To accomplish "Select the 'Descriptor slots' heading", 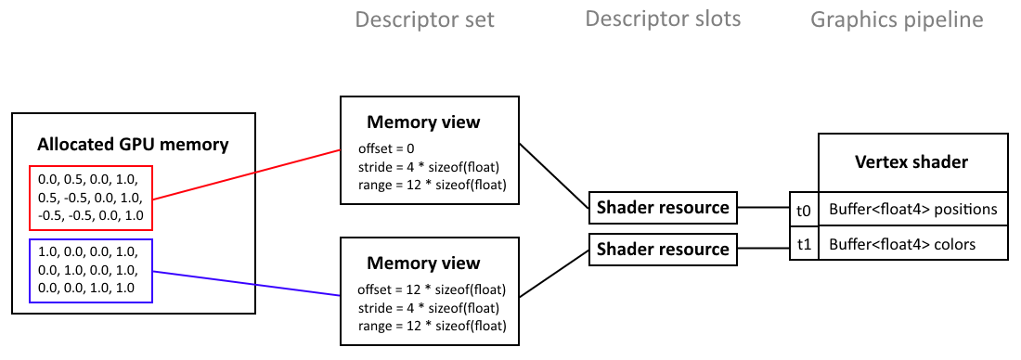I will [663, 19].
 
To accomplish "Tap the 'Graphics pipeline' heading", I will [897, 19].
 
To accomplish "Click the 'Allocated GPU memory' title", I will [133, 145].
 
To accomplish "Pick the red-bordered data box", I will [90, 198].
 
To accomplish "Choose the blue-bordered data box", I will [90, 271].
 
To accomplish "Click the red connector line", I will [246, 174].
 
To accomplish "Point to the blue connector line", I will [246, 283].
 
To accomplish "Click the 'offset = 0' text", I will [386, 148].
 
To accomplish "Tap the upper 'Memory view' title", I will [423, 122].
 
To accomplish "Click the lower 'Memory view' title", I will [423, 264].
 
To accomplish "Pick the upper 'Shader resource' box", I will [663, 208].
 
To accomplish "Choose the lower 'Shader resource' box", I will [663, 250].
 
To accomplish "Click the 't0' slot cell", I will [803, 211].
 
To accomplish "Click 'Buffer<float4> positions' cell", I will [912, 211].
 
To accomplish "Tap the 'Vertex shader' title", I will [911, 162].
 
